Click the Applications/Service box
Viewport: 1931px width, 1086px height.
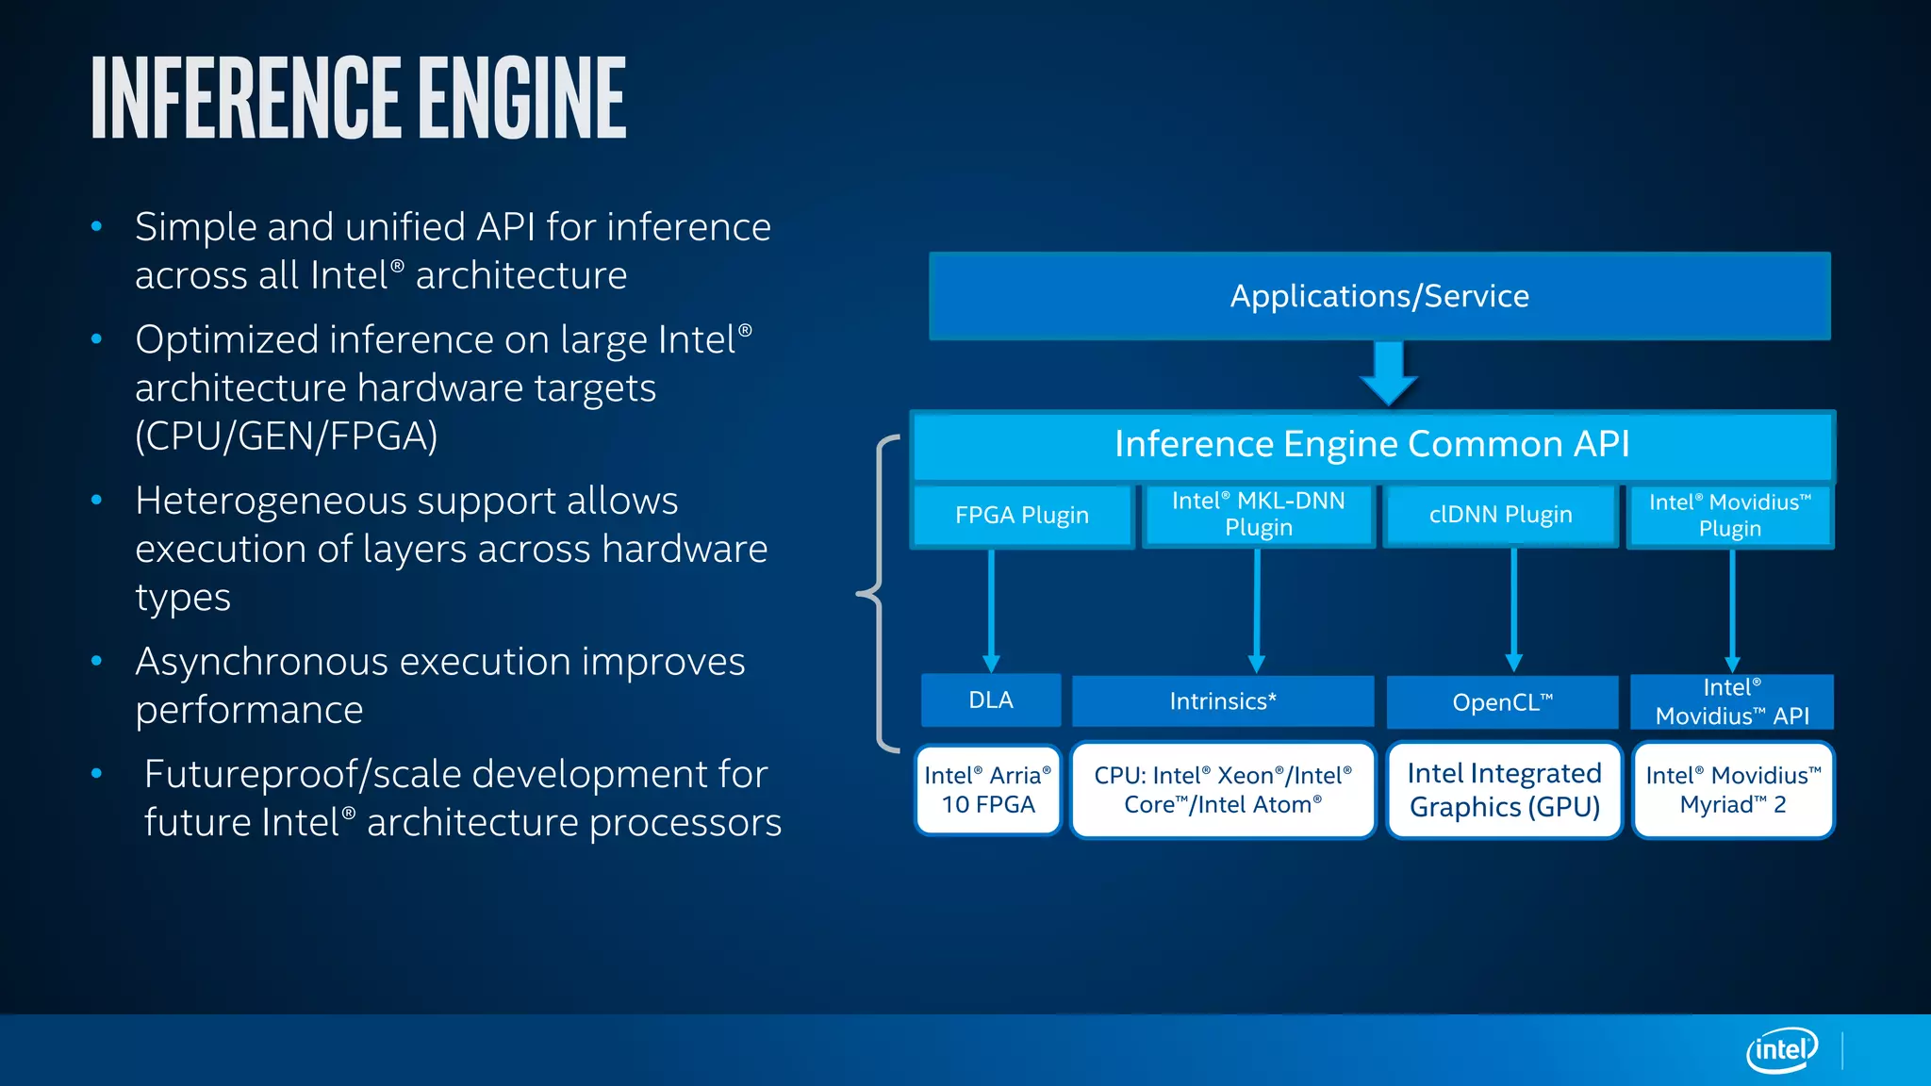pos(1379,296)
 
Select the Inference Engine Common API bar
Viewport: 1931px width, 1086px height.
pos(1372,444)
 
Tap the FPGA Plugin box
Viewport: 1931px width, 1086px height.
pos(1022,515)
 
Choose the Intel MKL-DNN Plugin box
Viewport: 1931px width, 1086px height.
pos(1258,514)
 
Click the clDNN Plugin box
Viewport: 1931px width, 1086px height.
pos(1500,515)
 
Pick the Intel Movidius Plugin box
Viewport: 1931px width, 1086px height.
pos(1730,515)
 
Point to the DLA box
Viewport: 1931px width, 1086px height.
pos(991,700)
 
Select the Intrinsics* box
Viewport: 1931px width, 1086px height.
pos(1223,701)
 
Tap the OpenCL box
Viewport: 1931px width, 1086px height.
pos(1502,702)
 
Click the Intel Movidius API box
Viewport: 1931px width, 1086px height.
pos(1732,701)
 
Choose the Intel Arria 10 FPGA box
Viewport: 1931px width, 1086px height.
pos(988,790)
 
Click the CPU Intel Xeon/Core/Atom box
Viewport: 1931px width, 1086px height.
pos(1223,790)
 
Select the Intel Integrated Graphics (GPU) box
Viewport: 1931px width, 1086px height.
pos(1504,790)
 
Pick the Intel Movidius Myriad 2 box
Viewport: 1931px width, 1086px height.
pos(1733,790)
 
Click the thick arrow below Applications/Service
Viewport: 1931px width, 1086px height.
pos(1389,372)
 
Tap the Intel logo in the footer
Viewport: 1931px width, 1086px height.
pos(1781,1049)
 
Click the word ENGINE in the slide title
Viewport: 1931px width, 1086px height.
pos(522,98)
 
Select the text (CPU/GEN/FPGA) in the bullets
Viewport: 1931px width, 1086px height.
pos(286,436)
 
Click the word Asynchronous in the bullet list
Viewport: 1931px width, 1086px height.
pos(261,662)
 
